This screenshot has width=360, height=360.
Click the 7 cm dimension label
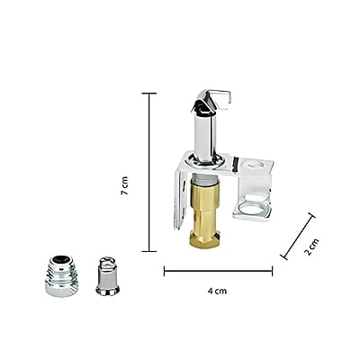pos(124,185)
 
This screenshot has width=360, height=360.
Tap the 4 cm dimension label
pos(217,291)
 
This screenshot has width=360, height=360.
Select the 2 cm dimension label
pos(311,247)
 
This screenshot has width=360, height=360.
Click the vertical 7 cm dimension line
pos(149,172)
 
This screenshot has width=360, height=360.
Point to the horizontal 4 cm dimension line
pos(218,271)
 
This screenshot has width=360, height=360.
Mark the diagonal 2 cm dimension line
pos(298,236)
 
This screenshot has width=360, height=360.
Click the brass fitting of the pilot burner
pos(206,213)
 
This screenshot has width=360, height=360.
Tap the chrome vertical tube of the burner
pos(204,137)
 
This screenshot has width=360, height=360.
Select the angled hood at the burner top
pos(210,101)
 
